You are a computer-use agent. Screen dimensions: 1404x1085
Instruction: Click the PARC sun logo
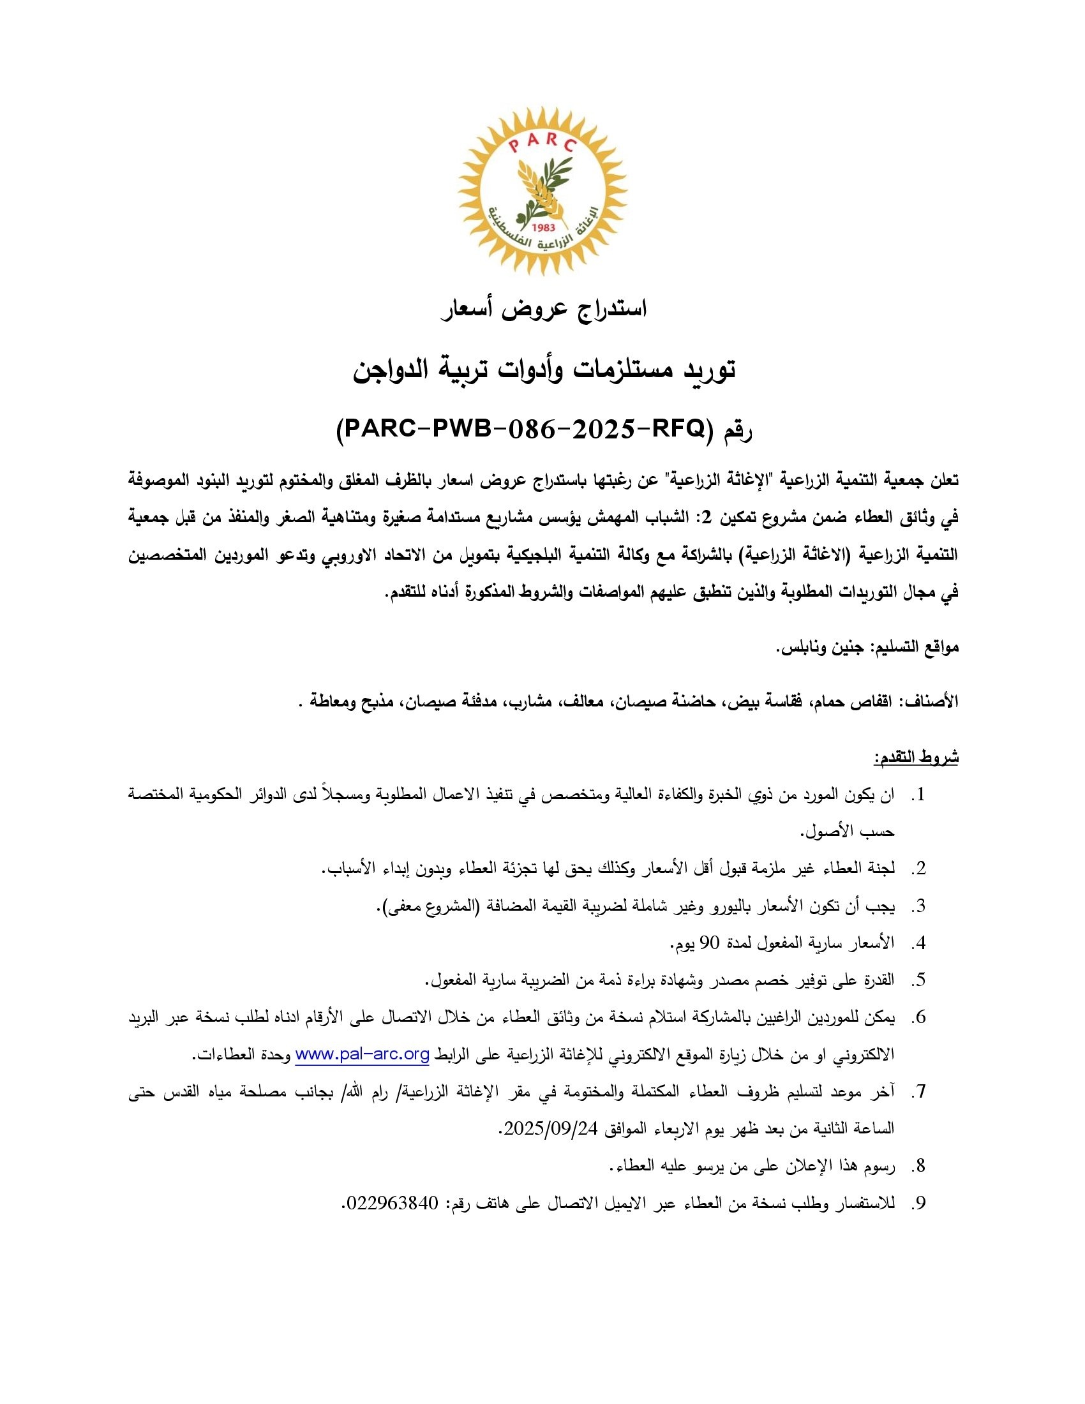click(x=542, y=191)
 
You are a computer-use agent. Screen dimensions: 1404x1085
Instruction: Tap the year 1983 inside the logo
click(x=544, y=227)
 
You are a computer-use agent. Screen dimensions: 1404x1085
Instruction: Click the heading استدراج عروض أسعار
click(x=544, y=310)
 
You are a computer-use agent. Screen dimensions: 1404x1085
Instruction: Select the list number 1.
click(x=920, y=795)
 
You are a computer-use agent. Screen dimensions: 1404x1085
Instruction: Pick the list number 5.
click(x=920, y=980)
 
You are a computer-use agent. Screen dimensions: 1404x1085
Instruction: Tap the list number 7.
click(x=920, y=1091)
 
